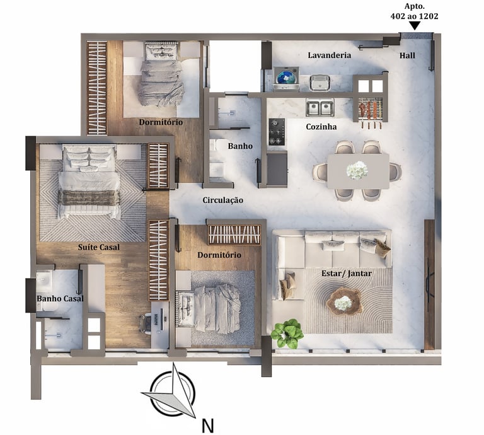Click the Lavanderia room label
[x=330, y=55]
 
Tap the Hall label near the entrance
[x=407, y=55]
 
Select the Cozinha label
[x=321, y=127]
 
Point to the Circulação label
[x=222, y=200]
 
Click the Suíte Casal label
[x=98, y=247]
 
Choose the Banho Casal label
[x=60, y=299]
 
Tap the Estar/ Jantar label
[x=347, y=274]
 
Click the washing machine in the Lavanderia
[x=286, y=78]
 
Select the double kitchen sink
[x=320, y=108]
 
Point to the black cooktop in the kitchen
[x=277, y=132]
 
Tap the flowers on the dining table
[x=357, y=170]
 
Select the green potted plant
[x=287, y=333]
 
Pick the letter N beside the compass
[x=208, y=426]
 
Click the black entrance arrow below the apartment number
[x=415, y=26]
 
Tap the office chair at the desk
[x=146, y=323]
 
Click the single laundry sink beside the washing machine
[x=320, y=83]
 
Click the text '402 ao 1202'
[x=414, y=16]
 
